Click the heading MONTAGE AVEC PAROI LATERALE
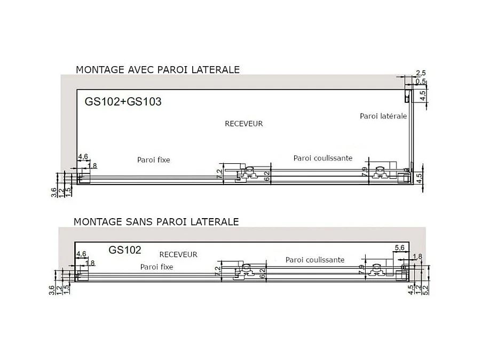[157, 69]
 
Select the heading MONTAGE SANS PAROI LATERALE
[156, 221]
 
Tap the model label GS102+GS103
[123, 101]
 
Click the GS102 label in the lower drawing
[125, 250]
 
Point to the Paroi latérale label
[383, 116]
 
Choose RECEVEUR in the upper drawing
[244, 124]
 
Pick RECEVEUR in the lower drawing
[178, 254]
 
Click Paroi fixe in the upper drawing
[153, 159]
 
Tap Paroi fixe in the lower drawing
[156, 267]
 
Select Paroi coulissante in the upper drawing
[323, 158]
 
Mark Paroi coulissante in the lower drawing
[315, 260]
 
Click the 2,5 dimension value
[420, 73]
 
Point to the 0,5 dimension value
[421, 81]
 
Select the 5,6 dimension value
[399, 247]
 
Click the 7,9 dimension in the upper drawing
[365, 172]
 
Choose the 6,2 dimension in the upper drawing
[264, 173]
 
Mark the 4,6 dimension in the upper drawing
[83, 156]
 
